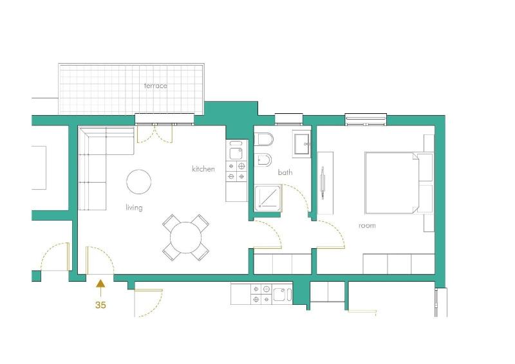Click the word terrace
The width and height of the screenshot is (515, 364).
click(x=155, y=86)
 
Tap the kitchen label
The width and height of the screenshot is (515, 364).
click(x=203, y=169)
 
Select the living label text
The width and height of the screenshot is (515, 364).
click(x=134, y=208)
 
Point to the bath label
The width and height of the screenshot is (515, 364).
click(x=285, y=172)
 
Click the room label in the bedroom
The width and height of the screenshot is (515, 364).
click(x=367, y=226)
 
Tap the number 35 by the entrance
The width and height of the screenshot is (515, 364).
click(x=100, y=305)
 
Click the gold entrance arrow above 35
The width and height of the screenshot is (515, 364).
click(x=100, y=288)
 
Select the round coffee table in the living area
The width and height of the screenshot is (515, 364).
click(x=139, y=182)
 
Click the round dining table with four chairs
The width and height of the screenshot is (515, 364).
click(x=186, y=237)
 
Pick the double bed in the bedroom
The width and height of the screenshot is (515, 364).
click(x=392, y=183)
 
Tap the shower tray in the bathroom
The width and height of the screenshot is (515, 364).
click(x=268, y=198)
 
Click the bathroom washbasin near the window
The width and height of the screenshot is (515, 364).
click(x=302, y=145)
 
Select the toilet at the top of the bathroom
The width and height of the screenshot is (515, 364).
click(x=264, y=140)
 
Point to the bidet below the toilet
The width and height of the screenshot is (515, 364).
click(x=264, y=160)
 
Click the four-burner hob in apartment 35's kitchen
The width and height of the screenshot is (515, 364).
click(x=237, y=171)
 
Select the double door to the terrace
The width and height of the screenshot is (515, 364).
click(x=154, y=134)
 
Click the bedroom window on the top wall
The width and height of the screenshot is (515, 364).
click(x=366, y=120)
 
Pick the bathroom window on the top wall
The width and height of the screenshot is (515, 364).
click(x=288, y=120)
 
